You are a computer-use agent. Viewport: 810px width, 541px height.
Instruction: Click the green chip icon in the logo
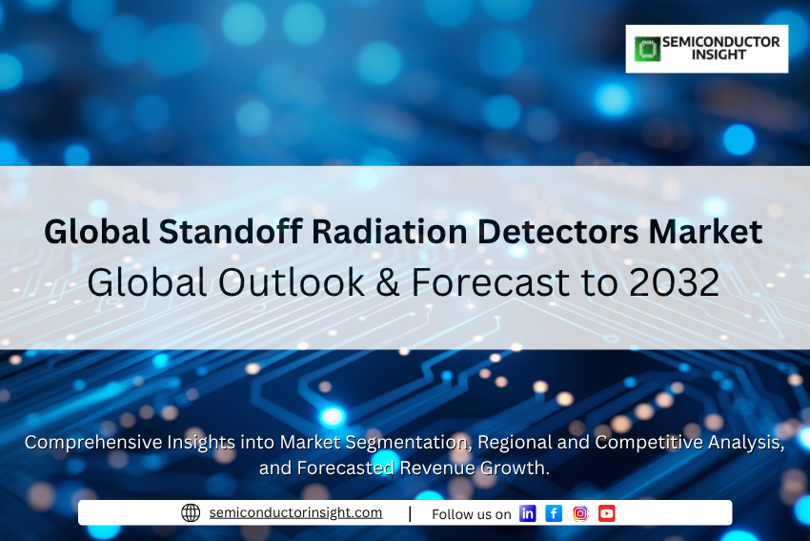647,49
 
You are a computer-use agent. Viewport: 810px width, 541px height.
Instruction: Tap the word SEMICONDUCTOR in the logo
721,42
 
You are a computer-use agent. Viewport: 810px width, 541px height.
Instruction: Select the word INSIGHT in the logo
719,54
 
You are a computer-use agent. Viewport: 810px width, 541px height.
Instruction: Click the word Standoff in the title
231,231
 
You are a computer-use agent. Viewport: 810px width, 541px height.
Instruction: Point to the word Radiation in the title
390,231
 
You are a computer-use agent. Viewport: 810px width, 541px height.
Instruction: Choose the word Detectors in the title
557,231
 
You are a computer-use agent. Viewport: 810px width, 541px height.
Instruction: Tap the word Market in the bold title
705,231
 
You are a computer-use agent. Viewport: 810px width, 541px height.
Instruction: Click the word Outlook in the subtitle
292,282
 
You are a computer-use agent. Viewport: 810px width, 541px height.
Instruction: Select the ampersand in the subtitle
388,282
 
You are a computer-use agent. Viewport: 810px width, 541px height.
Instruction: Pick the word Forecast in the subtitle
490,282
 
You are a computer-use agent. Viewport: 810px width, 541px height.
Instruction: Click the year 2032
674,282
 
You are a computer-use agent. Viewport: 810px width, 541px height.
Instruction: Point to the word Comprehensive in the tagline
93,443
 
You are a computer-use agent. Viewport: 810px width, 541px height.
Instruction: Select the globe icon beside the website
191,512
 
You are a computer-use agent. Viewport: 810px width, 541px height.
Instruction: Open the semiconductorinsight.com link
295,512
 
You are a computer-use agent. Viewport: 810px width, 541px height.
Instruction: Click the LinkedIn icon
527,513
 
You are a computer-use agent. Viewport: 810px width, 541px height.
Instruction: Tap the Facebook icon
554,513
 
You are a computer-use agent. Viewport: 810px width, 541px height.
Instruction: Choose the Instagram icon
580,513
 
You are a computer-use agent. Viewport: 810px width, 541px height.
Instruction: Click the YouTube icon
607,513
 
